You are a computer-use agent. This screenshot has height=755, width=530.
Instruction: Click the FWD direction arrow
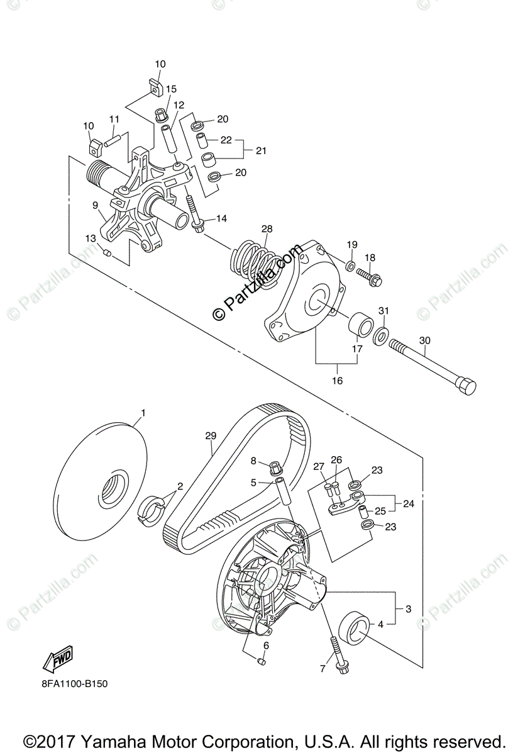[x=57, y=660]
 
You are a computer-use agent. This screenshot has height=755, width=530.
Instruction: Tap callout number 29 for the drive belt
[x=210, y=435]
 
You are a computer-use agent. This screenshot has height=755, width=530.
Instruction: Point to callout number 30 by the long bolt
[x=424, y=340]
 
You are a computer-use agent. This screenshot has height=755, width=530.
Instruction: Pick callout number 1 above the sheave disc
[x=143, y=413]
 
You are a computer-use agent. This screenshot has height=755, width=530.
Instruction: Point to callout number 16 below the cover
[x=337, y=381]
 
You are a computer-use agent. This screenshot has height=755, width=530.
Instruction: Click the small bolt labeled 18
[x=370, y=274]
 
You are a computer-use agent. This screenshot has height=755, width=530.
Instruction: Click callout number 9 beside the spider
[x=94, y=205]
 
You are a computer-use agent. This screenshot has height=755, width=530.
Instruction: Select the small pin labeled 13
[x=107, y=253]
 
